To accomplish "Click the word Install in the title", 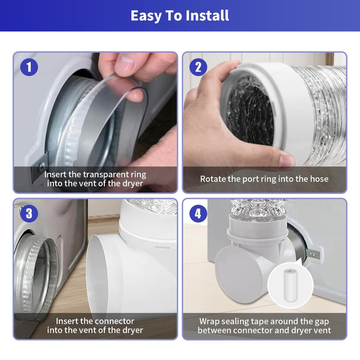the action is click(207, 15).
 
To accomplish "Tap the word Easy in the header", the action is click(146, 16).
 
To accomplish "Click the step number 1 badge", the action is click(29, 67).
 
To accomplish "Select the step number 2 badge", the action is click(198, 67).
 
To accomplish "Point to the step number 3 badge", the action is click(29, 213).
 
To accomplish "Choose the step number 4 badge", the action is click(198, 213).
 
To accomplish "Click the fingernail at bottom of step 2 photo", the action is click(286, 161).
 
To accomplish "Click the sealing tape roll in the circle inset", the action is click(290, 285).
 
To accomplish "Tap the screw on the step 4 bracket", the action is click(312, 254).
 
